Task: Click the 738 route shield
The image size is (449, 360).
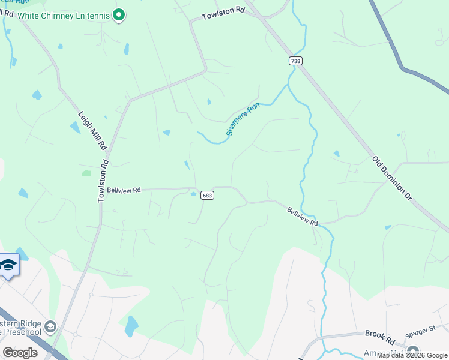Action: (295, 61)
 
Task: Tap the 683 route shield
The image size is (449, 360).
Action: (207, 196)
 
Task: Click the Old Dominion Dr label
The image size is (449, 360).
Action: (393, 179)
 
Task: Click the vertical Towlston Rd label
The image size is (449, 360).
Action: (103, 179)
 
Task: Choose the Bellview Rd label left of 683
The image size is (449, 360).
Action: (124, 190)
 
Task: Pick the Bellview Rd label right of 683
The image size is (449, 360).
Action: (301, 216)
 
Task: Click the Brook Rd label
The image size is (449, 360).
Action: (378, 333)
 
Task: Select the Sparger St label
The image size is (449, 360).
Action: (420, 329)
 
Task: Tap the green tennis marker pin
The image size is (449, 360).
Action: (119, 14)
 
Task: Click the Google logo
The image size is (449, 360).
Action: (20, 352)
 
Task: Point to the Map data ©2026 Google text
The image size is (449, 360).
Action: (412, 355)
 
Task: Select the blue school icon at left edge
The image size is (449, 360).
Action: (8, 265)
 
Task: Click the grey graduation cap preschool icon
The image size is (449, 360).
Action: (51, 327)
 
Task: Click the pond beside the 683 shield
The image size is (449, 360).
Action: (193, 194)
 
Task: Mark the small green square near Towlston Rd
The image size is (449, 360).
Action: (86, 173)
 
